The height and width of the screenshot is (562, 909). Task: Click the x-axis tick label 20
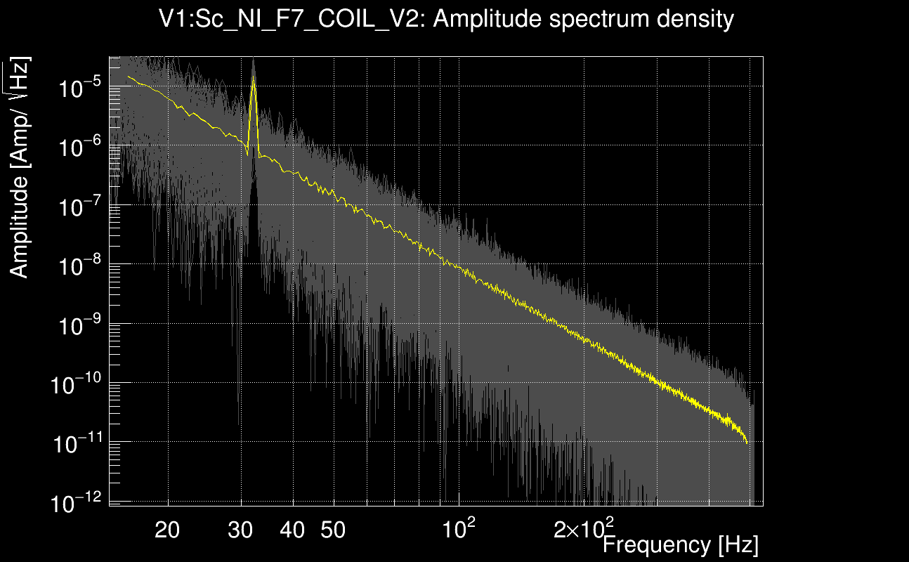click(x=167, y=530)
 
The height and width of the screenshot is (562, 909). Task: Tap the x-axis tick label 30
click(x=241, y=530)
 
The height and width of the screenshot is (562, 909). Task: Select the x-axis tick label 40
click(x=292, y=530)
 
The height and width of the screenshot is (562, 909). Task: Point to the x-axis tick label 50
click(x=333, y=530)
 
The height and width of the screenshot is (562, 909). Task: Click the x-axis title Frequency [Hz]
click(x=680, y=544)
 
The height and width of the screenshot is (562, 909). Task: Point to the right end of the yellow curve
click(x=746, y=443)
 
